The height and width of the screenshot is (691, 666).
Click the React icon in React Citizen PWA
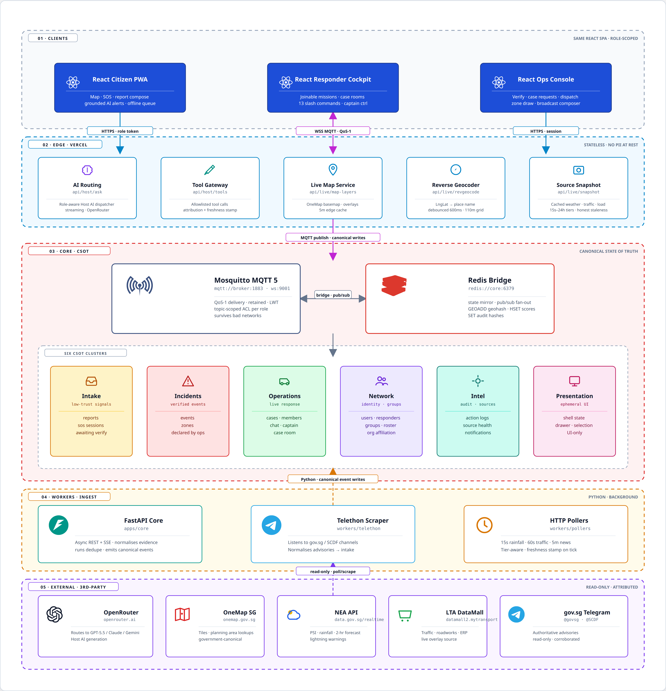73,82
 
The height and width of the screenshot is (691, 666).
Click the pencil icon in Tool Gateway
210,170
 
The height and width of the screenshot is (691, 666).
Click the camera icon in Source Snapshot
579,170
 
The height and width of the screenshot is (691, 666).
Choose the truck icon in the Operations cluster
285,381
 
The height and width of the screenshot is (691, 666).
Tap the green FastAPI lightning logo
59,525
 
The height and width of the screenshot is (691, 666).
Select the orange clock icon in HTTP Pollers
484,525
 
